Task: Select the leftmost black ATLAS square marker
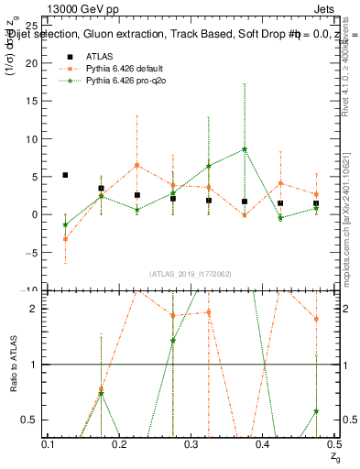(65, 175)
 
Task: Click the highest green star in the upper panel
(245, 149)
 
